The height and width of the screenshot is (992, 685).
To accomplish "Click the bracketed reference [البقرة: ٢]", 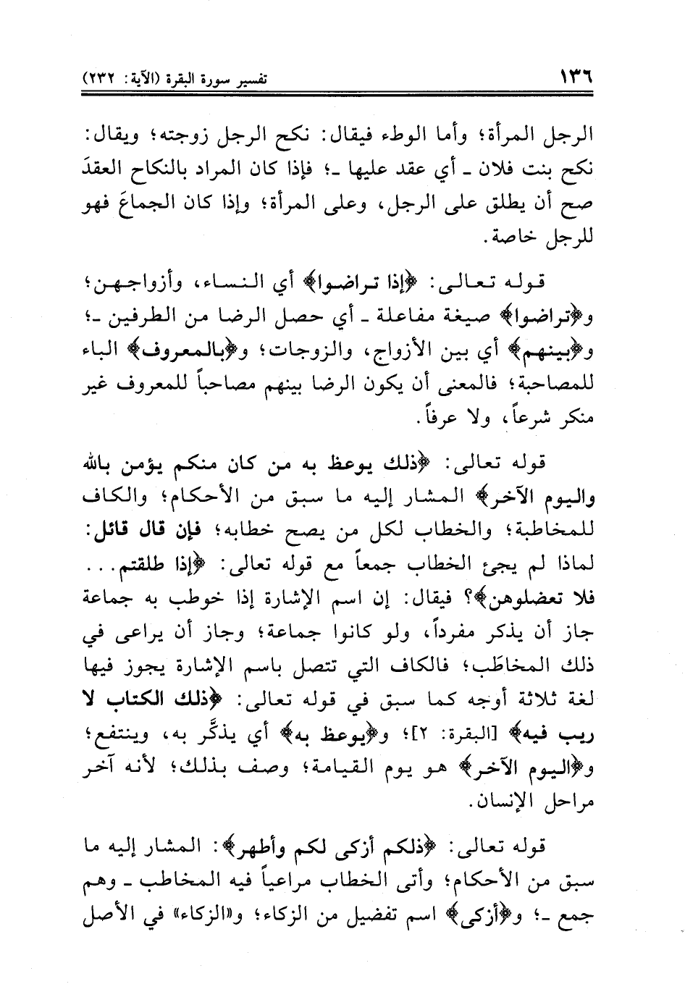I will (475, 736).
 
